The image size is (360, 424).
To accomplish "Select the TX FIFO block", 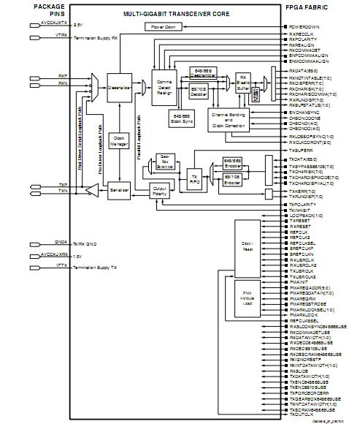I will pyautogui.click(x=194, y=178).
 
